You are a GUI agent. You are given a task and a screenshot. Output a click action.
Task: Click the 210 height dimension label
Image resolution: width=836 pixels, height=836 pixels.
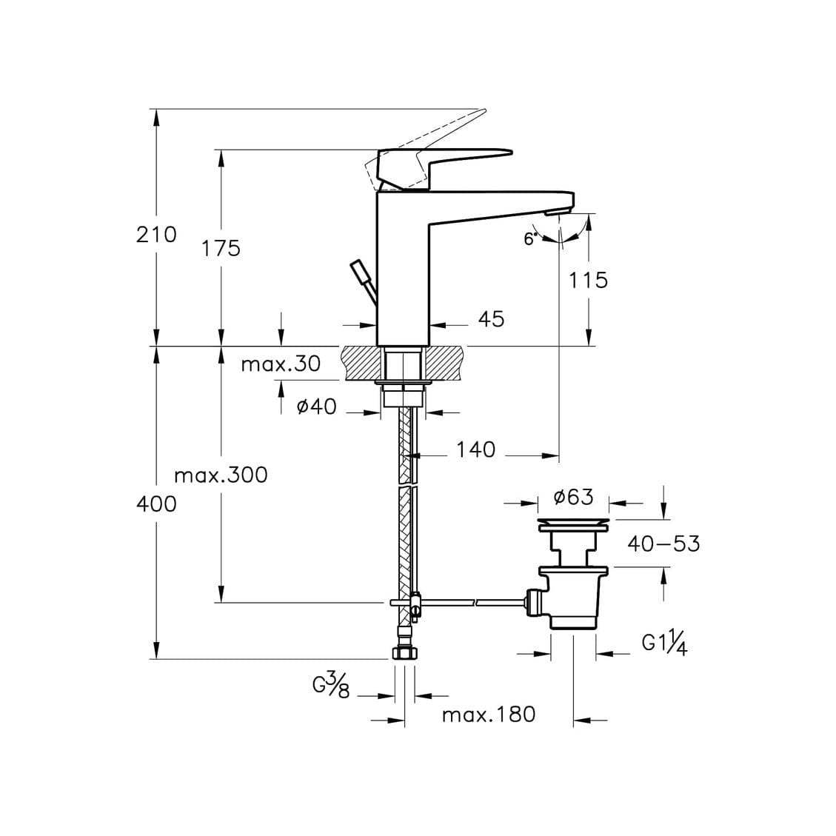[156, 235]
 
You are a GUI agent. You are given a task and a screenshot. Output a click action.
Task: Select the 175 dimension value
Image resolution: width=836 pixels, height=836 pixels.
[221, 248]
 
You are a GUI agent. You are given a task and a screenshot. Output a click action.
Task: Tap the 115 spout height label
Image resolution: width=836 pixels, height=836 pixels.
[588, 280]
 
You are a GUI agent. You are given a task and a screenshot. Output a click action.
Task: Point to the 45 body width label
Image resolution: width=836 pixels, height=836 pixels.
[491, 319]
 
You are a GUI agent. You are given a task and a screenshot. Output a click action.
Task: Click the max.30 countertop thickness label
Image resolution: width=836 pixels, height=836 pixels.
[281, 364]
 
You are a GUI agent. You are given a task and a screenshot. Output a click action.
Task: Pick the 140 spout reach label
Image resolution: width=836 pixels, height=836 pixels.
[475, 449]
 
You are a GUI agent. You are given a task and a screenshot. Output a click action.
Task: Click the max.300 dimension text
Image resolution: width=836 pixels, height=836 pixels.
[221, 475]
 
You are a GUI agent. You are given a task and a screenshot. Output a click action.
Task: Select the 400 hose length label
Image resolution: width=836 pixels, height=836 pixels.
[156, 504]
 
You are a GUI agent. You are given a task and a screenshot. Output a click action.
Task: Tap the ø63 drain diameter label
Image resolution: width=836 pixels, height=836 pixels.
[574, 497]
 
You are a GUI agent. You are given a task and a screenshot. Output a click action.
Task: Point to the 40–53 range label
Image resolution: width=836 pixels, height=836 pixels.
[663, 544]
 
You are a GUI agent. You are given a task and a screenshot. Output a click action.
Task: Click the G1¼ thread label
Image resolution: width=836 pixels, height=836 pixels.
[664, 645]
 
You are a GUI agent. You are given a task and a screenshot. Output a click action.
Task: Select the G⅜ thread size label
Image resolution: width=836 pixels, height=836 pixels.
[330, 687]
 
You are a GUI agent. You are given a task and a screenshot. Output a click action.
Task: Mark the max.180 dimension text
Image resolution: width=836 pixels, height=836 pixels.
[488, 715]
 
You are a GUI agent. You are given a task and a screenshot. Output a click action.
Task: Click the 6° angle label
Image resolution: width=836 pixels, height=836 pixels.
[529, 238]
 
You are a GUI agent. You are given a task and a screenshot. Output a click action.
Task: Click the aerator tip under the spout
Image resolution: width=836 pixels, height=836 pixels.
[557, 213]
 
